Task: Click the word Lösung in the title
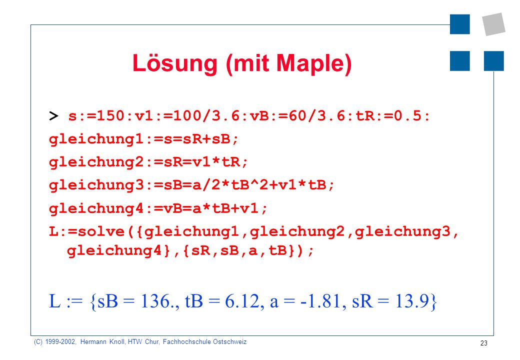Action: tap(175, 64)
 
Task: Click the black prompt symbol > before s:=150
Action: tap(53, 116)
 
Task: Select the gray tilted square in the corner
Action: tap(494, 24)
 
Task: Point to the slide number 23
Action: tap(484, 343)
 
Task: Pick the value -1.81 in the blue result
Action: tap(321, 301)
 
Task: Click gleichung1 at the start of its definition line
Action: tap(96, 139)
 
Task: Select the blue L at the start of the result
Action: tap(54, 301)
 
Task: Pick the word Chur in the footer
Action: tap(152, 342)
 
